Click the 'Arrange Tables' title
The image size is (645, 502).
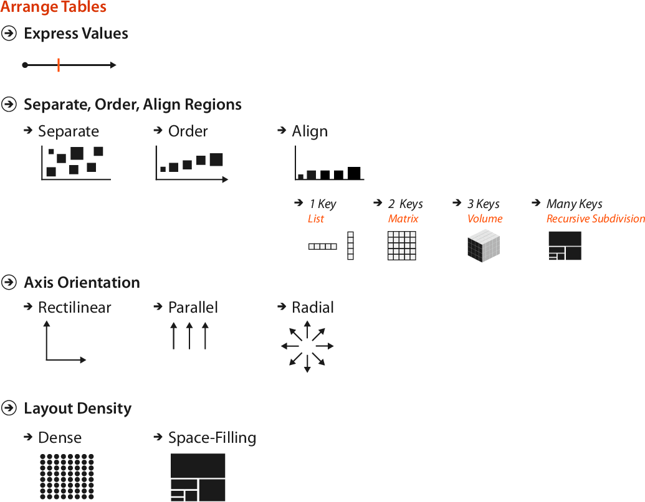tap(54, 8)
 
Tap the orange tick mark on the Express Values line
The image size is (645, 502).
tap(58, 65)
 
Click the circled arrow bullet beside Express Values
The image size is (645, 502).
tap(9, 34)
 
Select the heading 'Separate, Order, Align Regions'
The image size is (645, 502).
tap(132, 105)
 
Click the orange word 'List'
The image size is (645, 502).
tap(316, 219)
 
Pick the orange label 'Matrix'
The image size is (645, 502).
tap(403, 219)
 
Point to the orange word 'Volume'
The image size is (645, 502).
tap(485, 219)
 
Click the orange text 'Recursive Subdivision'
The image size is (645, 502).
tap(595, 219)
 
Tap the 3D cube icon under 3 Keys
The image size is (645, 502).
tap(484, 246)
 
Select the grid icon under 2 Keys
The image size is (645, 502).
tap(402, 245)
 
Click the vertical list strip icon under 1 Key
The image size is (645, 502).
tap(350, 245)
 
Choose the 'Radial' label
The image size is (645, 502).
tap(313, 308)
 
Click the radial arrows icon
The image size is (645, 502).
tap(307, 346)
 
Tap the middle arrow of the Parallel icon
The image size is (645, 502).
tap(189, 336)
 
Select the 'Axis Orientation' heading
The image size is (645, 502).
tap(82, 283)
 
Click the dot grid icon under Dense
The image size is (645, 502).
tap(67, 476)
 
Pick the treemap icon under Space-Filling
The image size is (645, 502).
tap(198, 477)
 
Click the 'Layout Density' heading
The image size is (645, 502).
tap(77, 409)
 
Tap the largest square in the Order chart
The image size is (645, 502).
tap(216, 159)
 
